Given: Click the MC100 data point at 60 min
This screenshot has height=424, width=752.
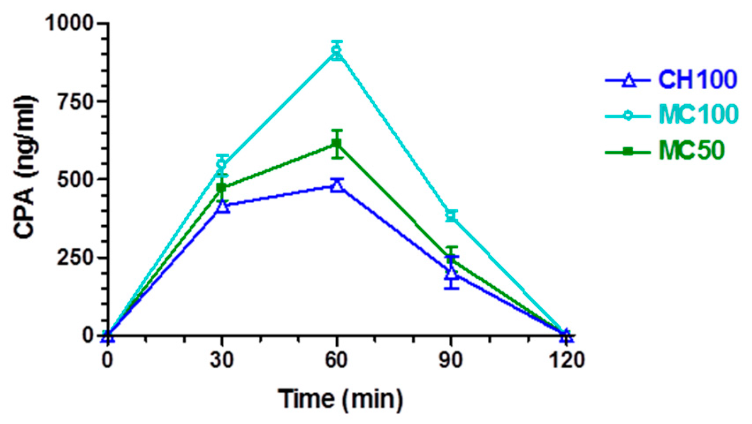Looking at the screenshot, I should click(x=337, y=52).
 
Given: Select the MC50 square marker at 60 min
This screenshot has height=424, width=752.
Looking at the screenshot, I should click(x=337, y=144).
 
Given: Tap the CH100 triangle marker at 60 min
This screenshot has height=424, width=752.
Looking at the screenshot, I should click(x=337, y=185).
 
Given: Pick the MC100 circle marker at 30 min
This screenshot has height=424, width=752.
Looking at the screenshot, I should click(x=222, y=165).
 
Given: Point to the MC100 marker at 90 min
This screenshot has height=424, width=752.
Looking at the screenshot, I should click(x=451, y=216).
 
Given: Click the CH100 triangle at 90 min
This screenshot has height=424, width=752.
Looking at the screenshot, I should click(x=451, y=273).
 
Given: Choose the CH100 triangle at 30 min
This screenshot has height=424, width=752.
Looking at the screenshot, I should click(x=223, y=206).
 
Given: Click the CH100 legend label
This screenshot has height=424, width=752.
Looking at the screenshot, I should click(x=697, y=80).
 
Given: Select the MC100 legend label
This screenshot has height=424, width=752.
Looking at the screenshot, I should click(x=698, y=114).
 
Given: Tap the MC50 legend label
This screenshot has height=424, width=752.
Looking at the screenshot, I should click(x=691, y=151).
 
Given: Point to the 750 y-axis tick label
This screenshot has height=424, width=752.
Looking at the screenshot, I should click(x=76, y=102).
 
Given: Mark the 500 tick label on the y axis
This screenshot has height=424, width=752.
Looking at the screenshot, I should click(x=76, y=180).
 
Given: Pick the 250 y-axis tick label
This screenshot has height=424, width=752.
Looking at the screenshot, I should click(x=76, y=258).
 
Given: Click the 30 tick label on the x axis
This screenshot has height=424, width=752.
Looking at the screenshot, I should click(x=222, y=360).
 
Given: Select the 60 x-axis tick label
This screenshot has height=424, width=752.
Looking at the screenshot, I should click(x=337, y=360).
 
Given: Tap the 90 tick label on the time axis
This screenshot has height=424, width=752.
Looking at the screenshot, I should click(x=451, y=360).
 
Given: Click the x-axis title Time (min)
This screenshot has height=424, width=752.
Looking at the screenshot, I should click(x=340, y=399).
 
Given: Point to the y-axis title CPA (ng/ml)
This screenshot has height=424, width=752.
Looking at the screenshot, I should click(x=24, y=168).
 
